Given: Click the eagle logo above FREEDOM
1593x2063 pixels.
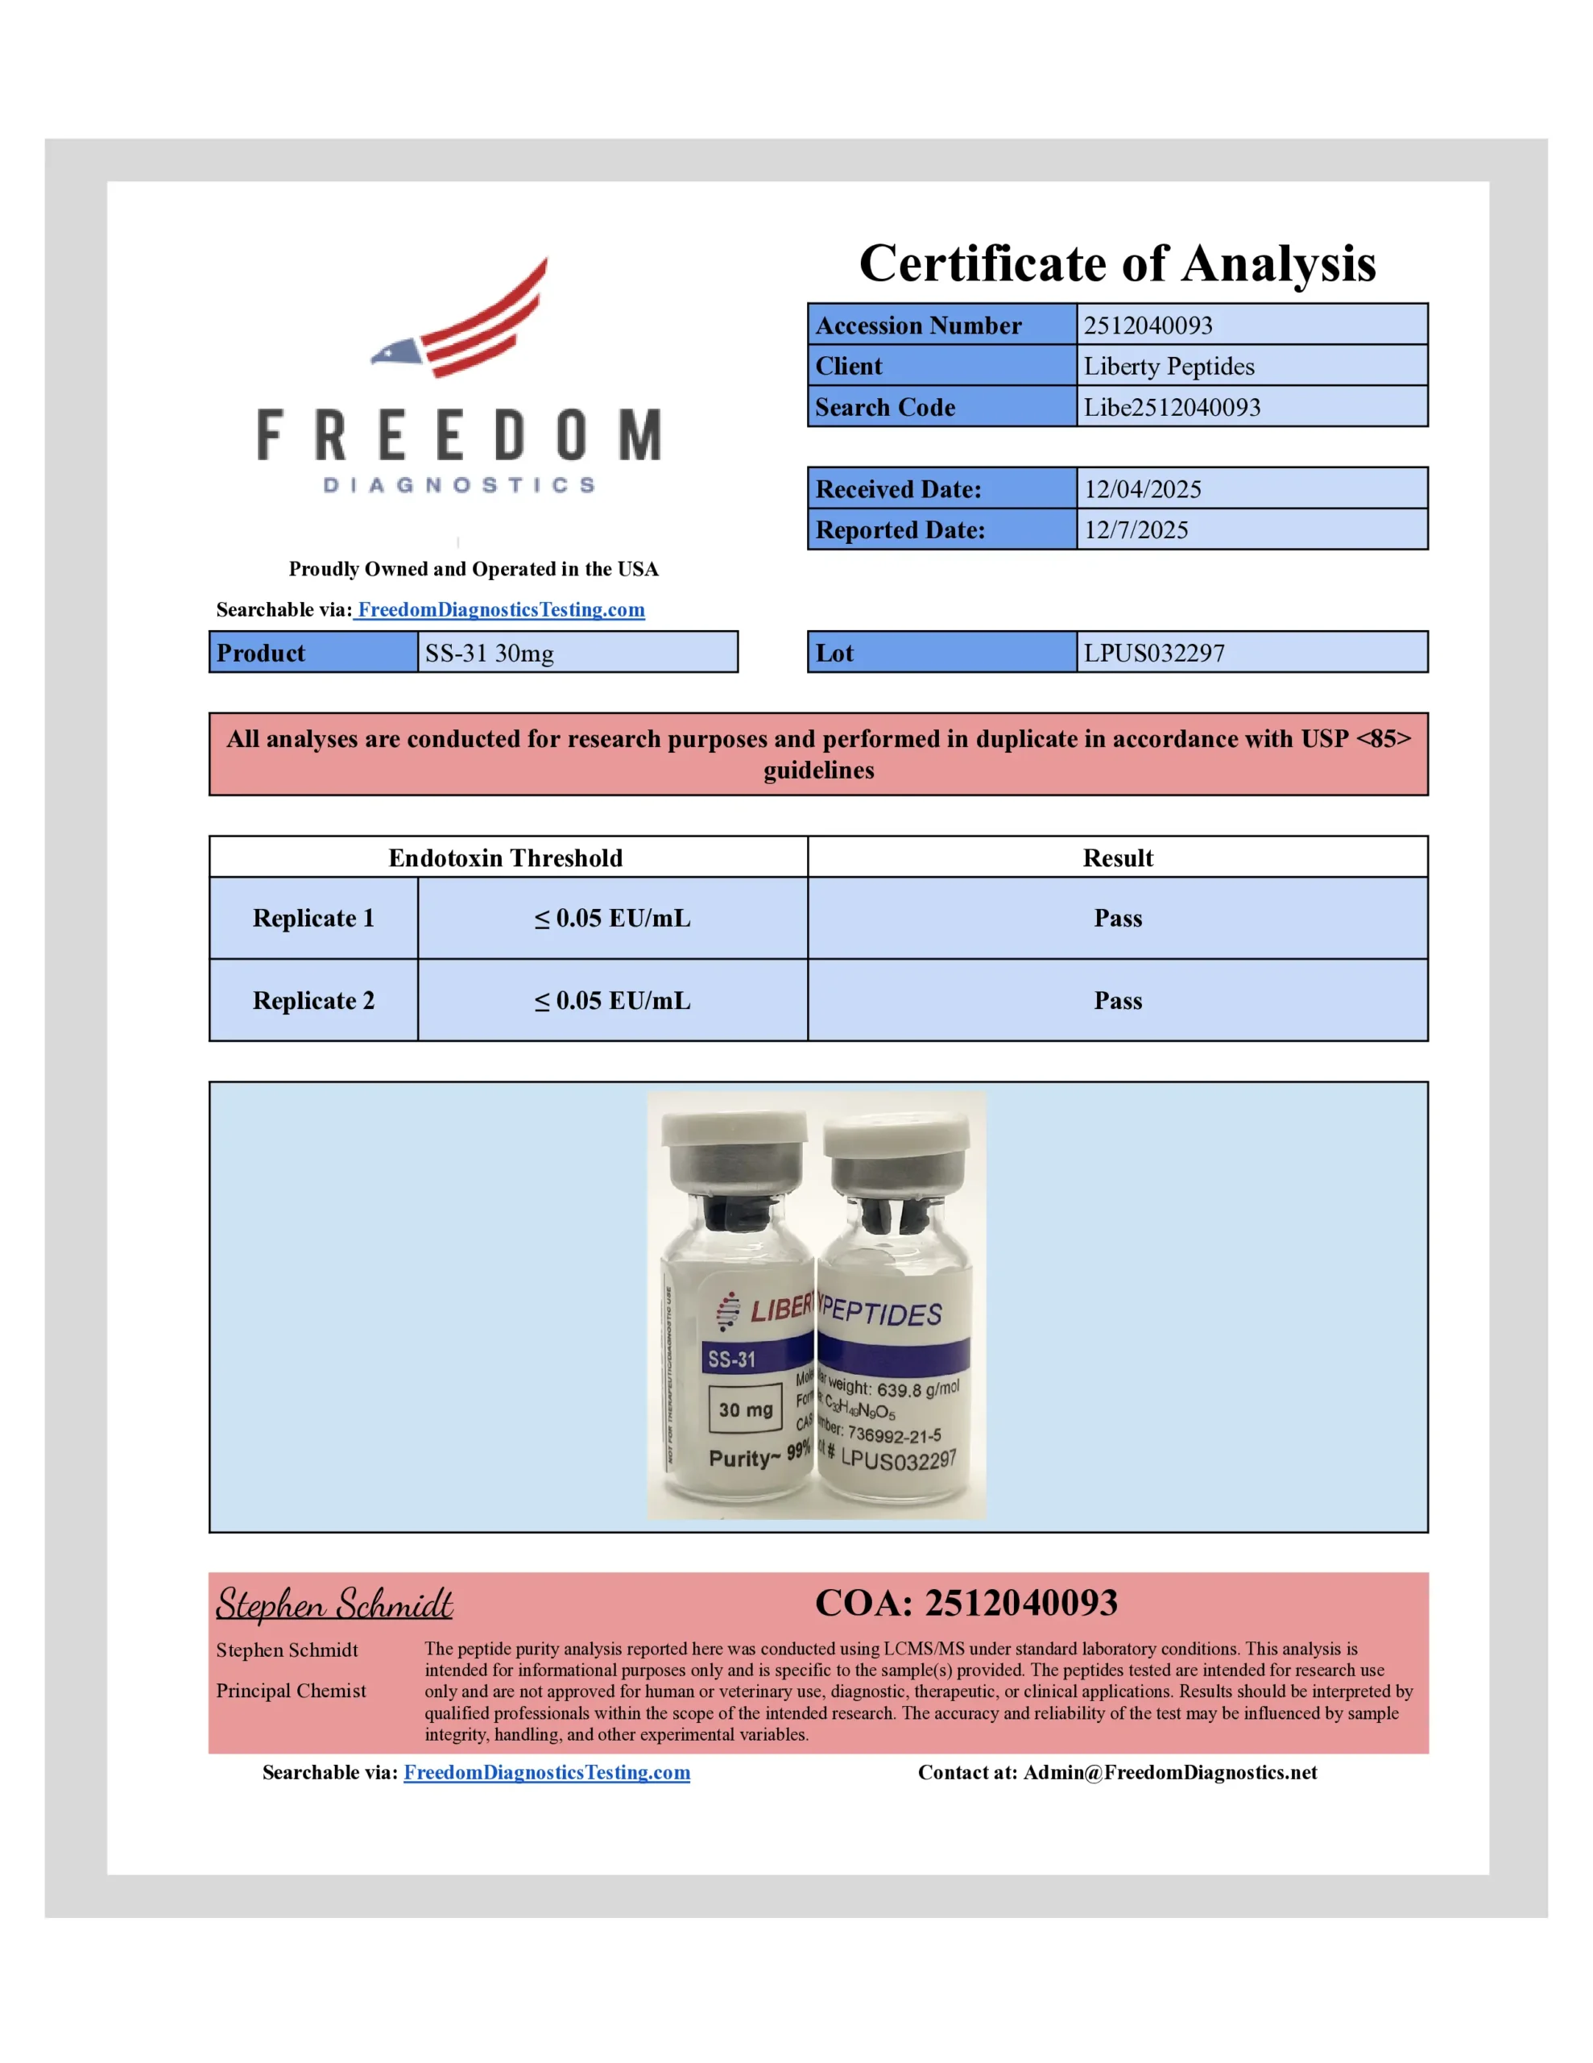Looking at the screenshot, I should coord(460,319).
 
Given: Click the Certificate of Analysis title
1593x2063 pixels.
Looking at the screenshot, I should coord(1117,263).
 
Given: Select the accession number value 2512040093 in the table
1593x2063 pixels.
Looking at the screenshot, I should coord(1148,325).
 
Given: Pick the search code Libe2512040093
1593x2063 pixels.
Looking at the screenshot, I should coord(1171,407).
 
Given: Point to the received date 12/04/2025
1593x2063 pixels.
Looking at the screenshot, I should coord(1143,489).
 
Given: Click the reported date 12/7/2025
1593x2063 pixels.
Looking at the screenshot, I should coord(1136,530).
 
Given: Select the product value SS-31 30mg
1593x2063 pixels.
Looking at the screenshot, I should coord(489,653).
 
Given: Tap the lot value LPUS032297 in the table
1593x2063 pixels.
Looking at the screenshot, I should coord(1154,653).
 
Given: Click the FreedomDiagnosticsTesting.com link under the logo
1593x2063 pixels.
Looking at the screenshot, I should coord(500,609).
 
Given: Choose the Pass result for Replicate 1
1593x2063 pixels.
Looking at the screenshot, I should coord(1117,918).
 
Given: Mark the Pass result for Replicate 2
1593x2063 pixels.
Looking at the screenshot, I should coord(1117,1000).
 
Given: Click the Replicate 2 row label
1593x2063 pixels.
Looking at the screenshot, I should coord(313,1000).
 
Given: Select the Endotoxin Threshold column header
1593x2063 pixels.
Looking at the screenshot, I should coord(505,857).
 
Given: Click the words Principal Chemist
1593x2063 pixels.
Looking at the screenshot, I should coord(291,1691).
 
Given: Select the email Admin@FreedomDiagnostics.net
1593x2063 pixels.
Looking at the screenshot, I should coord(1169,1772).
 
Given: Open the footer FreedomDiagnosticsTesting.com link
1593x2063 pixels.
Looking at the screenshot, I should coord(547,1772).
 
